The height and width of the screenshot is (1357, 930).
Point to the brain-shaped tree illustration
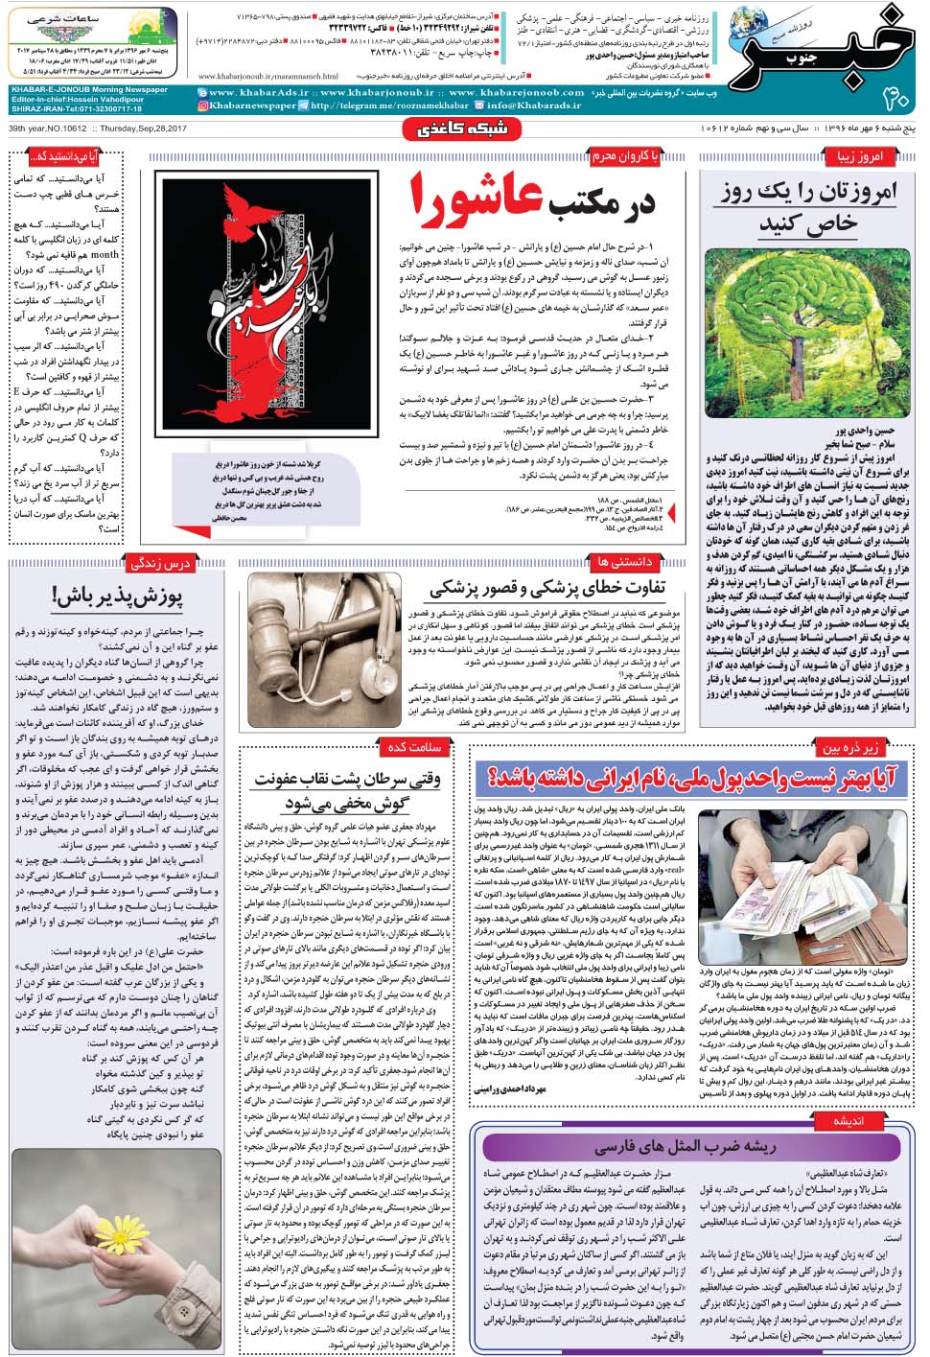coord(807,326)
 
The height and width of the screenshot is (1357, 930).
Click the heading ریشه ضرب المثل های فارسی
coord(685,1147)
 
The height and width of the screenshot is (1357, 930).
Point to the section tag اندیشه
coord(854,1120)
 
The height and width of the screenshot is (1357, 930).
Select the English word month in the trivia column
coord(105,255)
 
